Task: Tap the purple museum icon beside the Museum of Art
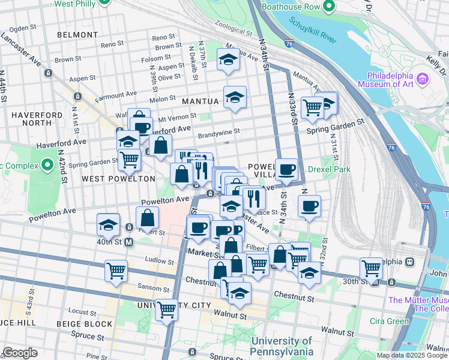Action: click(423, 79)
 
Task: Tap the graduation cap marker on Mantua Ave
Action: click(228, 59)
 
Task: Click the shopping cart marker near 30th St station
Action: click(371, 268)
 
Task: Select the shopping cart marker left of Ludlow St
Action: click(116, 270)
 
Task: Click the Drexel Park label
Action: click(329, 170)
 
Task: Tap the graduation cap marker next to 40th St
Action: click(108, 225)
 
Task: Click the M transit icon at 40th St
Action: click(128, 242)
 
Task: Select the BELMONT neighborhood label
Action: click(73, 35)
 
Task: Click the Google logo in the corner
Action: click(20, 353)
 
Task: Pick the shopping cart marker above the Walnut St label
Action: click(166, 310)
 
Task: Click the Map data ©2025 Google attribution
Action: click(412, 355)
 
